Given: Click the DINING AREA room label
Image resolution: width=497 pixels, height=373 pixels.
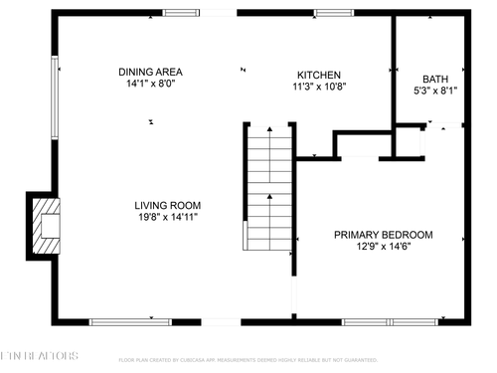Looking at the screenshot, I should tap(150, 72).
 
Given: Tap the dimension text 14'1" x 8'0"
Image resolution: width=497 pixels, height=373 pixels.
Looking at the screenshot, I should tap(150, 85).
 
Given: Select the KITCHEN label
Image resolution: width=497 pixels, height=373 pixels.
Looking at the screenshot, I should tap(319, 75).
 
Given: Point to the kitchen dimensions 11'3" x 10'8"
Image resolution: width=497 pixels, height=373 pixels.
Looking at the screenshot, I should tap(319, 87).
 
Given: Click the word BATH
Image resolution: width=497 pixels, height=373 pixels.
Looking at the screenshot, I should tap(435, 79).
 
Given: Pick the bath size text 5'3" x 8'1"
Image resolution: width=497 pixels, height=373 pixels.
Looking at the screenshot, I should tap(435, 91).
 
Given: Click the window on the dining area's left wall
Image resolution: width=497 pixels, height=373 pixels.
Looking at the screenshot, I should tap(56, 84).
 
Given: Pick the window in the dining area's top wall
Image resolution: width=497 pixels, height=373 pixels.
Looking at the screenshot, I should tap(180, 13).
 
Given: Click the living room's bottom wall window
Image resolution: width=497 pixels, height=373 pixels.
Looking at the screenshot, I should tap(123, 321).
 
